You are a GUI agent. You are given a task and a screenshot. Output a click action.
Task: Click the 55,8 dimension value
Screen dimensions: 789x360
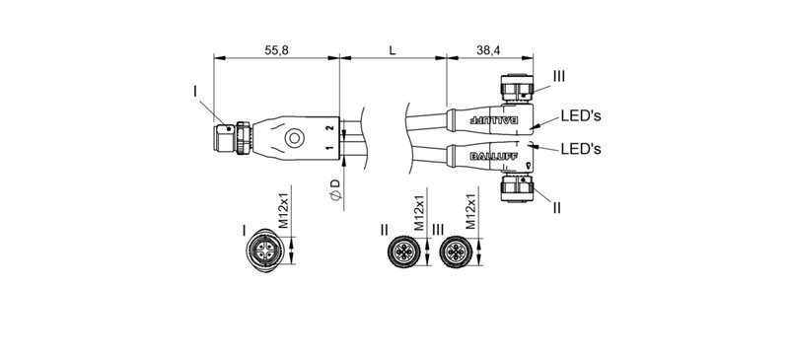point(276,50)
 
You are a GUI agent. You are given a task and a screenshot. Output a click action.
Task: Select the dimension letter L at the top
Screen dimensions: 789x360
point(393,50)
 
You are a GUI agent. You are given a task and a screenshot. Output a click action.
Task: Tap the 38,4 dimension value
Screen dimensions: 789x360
point(487,50)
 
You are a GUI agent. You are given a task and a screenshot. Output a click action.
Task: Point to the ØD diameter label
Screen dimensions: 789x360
point(335,190)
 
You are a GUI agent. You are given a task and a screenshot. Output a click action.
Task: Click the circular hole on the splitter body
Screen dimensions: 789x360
point(294,138)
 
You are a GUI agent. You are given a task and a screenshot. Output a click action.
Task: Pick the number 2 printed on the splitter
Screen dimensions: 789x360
point(330,128)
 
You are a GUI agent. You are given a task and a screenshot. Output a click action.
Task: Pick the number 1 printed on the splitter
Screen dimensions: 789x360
point(330,148)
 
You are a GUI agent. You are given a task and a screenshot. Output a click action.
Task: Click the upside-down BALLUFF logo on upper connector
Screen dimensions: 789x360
point(493,120)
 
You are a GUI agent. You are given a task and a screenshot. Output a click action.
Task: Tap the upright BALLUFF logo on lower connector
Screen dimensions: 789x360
point(493,156)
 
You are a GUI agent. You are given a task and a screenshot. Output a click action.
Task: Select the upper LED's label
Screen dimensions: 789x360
point(581,116)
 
